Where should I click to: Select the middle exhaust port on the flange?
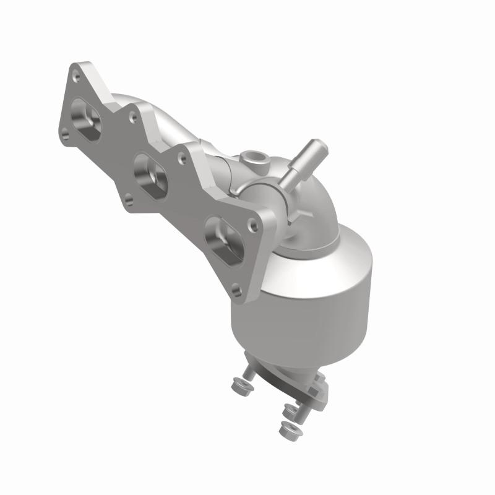click(150, 174)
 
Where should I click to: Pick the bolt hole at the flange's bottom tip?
click(235, 286)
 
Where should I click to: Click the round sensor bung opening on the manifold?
click(254, 157)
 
